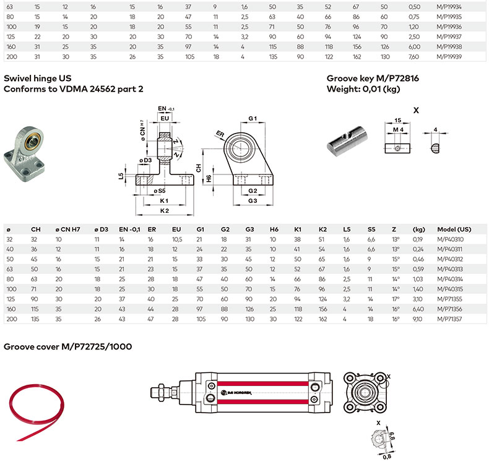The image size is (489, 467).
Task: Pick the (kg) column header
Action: point(419,229)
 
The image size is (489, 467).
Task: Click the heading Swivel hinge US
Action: point(37,79)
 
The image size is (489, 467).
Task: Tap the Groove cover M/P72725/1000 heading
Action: point(68,346)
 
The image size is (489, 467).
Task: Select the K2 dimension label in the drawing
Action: point(164,211)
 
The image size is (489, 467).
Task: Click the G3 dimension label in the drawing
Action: point(253,201)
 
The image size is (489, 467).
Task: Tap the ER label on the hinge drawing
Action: point(220,133)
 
